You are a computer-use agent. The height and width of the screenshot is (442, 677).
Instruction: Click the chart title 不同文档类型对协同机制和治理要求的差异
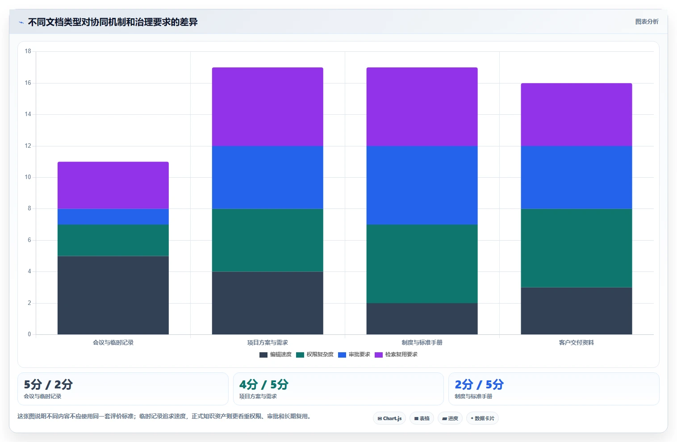[x=113, y=22]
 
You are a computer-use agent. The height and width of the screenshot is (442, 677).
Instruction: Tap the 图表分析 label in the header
[x=647, y=22]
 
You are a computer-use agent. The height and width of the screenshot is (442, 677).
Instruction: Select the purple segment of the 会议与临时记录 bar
[x=113, y=185]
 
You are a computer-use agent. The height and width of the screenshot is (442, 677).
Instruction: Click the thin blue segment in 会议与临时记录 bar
[x=113, y=217]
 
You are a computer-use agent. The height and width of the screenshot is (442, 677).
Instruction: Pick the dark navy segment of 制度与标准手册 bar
[x=422, y=319]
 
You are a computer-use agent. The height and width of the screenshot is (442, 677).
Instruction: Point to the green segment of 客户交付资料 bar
[x=577, y=248]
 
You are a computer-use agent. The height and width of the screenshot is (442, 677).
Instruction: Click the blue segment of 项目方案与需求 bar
[x=267, y=177]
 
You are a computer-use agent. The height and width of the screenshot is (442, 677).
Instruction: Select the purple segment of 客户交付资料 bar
[x=577, y=114]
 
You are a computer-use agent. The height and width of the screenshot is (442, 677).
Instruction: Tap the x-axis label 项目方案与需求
[x=267, y=342]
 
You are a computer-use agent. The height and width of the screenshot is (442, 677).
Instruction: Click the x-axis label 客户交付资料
[x=577, y=342]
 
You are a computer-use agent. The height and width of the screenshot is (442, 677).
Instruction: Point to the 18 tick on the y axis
[x=28, y=51]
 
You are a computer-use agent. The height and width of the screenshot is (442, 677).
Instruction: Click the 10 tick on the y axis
[x=28, y=177]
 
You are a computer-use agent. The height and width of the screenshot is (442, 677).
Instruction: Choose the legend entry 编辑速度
[x=276, y=354]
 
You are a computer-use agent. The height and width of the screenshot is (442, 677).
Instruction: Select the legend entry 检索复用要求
[x=396, y=354]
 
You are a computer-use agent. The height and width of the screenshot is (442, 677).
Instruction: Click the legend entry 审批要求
[x=354, y=354]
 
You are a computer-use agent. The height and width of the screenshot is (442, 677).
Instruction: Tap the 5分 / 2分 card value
[x=48, y=384]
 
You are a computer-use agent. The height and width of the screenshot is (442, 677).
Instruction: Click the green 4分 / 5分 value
[x=264, y=384]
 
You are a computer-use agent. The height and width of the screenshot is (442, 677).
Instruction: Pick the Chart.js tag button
[x=389, y=418]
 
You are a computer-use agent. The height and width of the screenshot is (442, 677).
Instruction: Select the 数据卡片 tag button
[x=482, y=418]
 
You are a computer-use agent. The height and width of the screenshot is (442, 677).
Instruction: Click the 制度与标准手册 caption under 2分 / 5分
[x=473, y=396]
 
